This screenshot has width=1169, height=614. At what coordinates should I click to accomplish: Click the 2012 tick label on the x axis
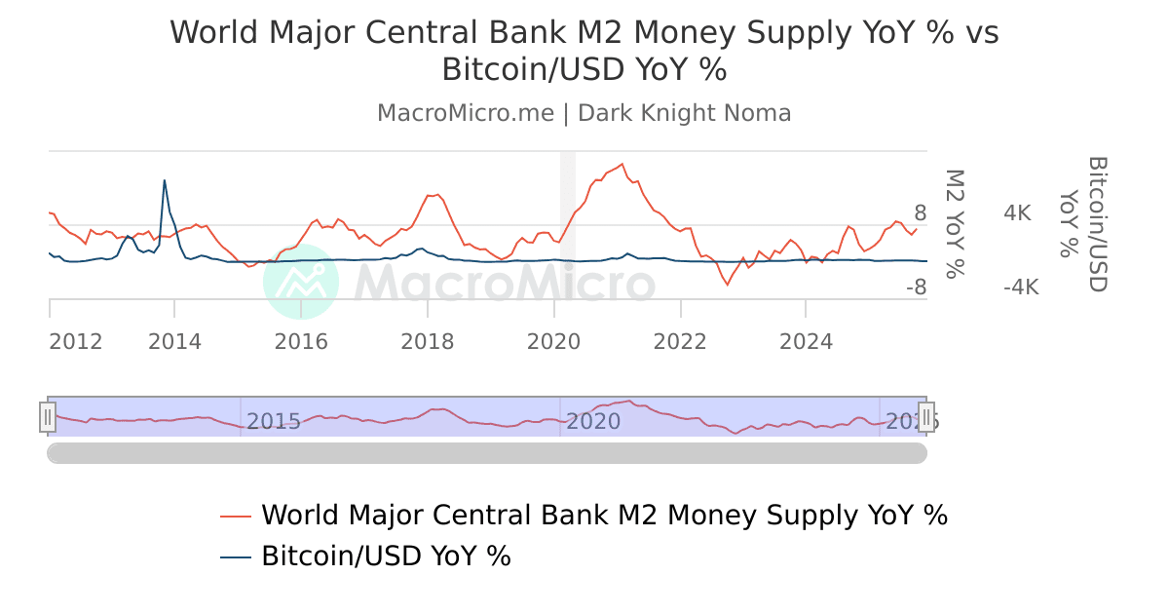point(76,342)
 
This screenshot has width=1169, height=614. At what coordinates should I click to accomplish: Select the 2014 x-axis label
point(174,342)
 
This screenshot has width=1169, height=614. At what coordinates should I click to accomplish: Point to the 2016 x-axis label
point(301,342)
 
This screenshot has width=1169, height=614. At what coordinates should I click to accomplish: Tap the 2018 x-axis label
point(428,342)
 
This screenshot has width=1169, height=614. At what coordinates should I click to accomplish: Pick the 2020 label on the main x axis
point(553,342)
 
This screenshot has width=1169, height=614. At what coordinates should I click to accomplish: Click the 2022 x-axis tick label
point(680,342)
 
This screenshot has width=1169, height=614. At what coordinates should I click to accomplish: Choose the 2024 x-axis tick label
point(807,342)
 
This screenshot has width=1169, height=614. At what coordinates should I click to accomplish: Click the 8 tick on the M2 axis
point(920,213)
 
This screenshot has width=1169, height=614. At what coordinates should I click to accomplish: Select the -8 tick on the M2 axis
point(916,288)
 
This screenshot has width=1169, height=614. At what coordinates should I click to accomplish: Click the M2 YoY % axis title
point(956,223)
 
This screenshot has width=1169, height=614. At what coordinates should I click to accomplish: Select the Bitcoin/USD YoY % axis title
point(1084,223)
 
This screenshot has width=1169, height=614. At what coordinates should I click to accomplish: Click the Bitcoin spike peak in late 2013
point(165,180)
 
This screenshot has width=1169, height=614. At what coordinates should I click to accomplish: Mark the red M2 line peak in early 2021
point(622,164)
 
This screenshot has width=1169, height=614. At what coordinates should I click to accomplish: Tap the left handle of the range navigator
point(48,417)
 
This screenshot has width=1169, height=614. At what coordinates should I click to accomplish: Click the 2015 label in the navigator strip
point(273,422)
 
